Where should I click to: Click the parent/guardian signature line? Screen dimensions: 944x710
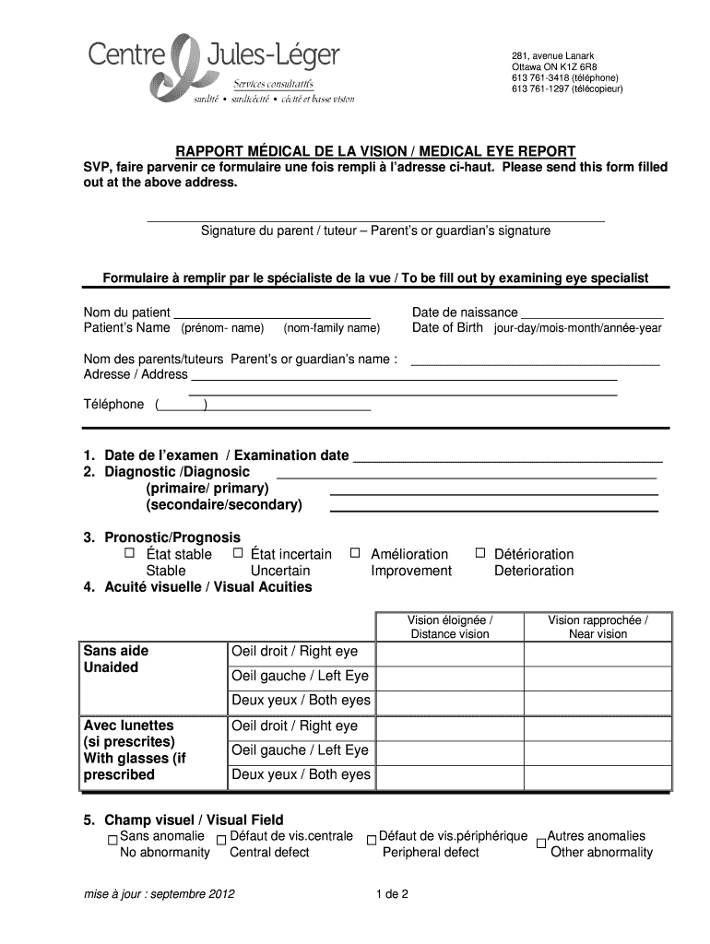click(x=375, y=219)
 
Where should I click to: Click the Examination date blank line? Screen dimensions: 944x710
click(x=508, y=456)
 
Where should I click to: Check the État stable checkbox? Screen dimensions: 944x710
click(x=129, y=553)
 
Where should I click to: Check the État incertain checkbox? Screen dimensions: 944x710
click(x=238, y=553)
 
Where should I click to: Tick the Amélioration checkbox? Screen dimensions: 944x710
click(x=354, y=553)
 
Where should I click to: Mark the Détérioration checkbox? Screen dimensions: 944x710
click(x=479, y=553)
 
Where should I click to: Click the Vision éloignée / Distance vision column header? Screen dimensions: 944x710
click(x=450, y=627)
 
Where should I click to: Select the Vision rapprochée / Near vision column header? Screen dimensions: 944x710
click(x=598, y=627)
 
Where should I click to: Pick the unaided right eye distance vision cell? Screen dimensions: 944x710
click(x=450, y=652)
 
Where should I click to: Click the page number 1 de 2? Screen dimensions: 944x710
click(x=392, y=894)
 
